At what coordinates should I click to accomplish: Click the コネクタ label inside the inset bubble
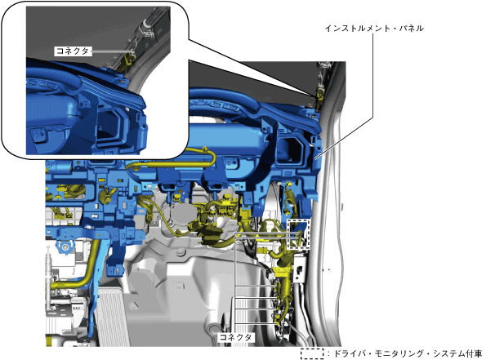(x=74, y=51)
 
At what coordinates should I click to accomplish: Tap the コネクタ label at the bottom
(x=235, y=337)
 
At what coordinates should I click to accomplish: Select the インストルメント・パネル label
(x=374, y=29)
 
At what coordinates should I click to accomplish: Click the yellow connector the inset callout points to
(x=319, y=96)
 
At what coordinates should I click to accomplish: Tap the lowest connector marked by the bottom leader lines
(x=278, y=322)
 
